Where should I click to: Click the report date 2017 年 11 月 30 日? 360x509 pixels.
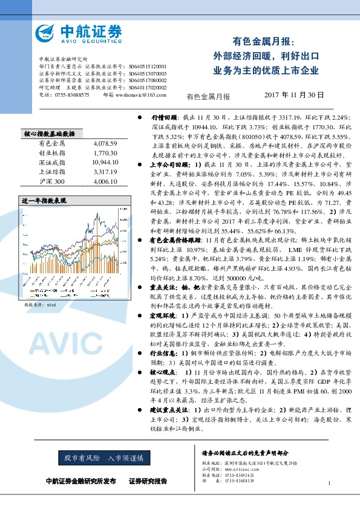tap(295, 95)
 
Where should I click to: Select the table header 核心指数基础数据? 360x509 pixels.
tap(48, 134)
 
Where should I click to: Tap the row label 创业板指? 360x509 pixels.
tap(49, 154)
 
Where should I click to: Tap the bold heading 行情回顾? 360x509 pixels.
tap(164, 117)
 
